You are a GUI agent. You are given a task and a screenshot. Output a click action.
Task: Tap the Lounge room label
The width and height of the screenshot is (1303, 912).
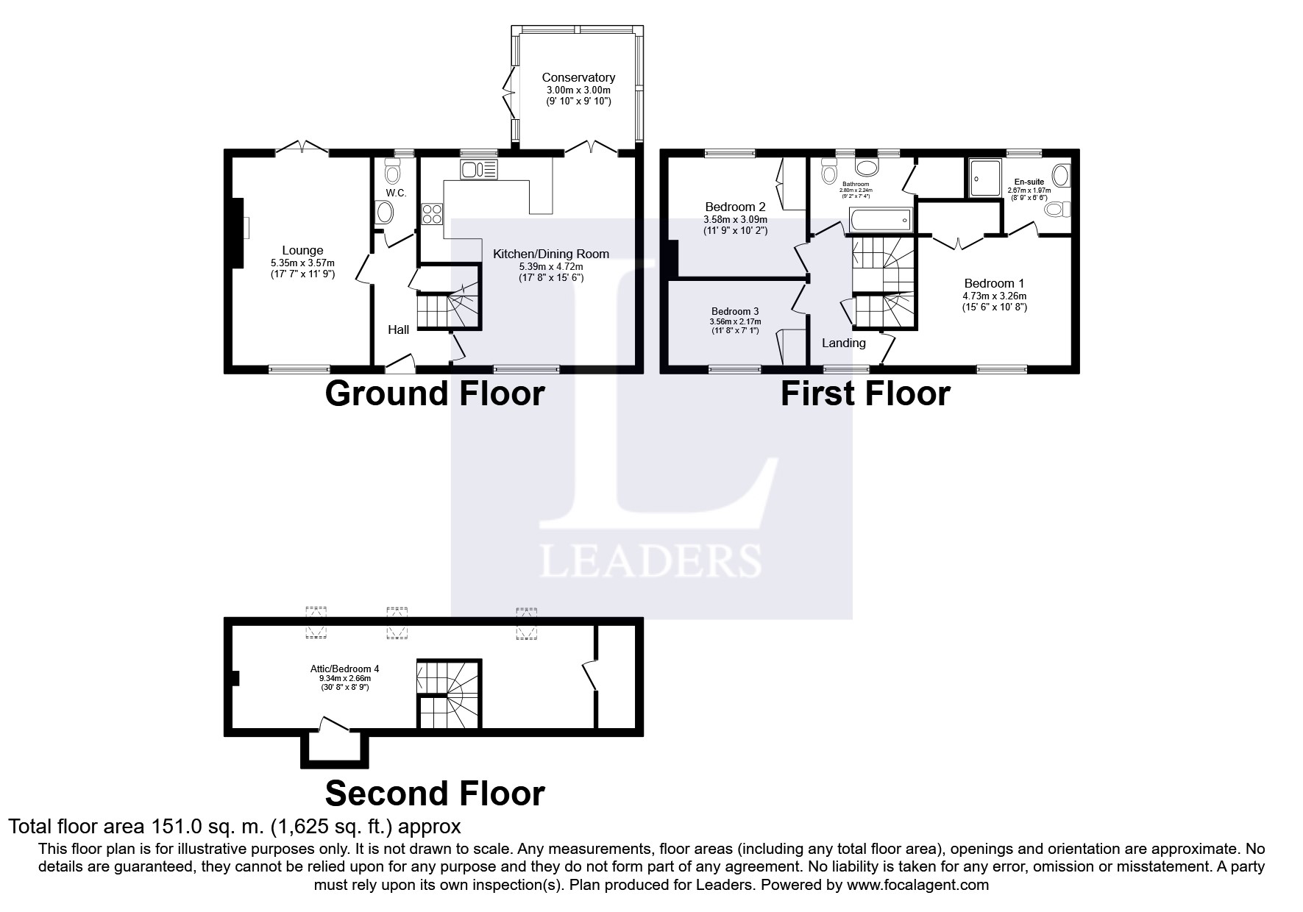pyautogui.click(x=302, y=251)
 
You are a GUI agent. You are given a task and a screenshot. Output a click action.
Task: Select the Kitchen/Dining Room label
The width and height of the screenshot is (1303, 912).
pyautogui.click(x=551, y=254)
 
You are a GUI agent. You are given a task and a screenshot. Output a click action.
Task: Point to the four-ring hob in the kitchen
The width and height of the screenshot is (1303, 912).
pyautogui.click(x=432, y=214)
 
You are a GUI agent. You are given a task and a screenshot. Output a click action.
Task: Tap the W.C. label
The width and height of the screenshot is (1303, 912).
pyautogui.click(x=396, y=193)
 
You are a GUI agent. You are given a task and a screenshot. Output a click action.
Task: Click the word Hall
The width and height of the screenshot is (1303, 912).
pyautogui.click(x=399, y=329)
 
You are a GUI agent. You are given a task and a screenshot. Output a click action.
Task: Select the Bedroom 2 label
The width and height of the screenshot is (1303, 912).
pyautogui.click(x=735, y=207)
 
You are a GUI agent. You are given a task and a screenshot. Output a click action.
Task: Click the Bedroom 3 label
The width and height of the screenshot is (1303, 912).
pyautogui.click(x=735, y=311)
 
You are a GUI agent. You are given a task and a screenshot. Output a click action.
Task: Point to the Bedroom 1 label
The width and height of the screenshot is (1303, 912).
pyautogui.click(x=994, y=283)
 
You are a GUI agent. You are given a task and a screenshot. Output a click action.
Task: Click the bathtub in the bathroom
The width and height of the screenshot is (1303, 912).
pyautogui.click(x=880, y=219)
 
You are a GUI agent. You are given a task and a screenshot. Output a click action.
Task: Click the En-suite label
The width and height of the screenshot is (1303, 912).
pyautogui.click(x=1029, y=182)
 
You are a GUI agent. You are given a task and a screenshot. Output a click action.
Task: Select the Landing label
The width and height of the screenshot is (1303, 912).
pyautogui.click(x=844, y=343)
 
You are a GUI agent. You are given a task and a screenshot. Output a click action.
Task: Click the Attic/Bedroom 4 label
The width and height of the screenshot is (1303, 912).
pyautogui.click(x=344, y=669)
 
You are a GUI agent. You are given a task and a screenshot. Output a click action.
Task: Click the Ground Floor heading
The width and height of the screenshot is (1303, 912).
pyautogui.click(x=434, y=393)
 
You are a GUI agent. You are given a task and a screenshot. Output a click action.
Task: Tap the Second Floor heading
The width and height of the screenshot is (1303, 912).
pyautogui.click(x=435, y=794)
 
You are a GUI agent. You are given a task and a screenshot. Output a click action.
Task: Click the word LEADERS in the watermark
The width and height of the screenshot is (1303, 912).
pyautogui.click(x=650, y=560)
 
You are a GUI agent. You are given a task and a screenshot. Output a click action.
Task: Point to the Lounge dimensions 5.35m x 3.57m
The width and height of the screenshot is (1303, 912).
pyautogui.click(x=302, y=263)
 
